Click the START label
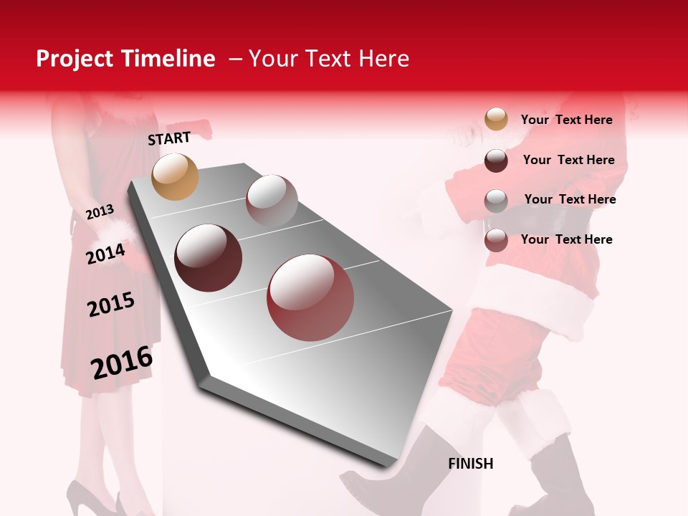tap(169, 138)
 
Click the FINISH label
tap(471, 464)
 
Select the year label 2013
tap(100, 211)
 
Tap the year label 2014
tap(105, 254)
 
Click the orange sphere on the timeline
tap(176, 176)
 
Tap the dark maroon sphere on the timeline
tap(209, 257)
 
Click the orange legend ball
tap(496, 119)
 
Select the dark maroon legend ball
tap(496, 161)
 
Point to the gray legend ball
tap(496, 201)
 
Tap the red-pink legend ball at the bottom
tap(496, 240)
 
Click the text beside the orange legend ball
tap(567, 120)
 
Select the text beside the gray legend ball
tap(570, 199)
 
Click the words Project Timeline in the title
tap(125, 59)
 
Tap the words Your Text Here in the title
tap(329, 59)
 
